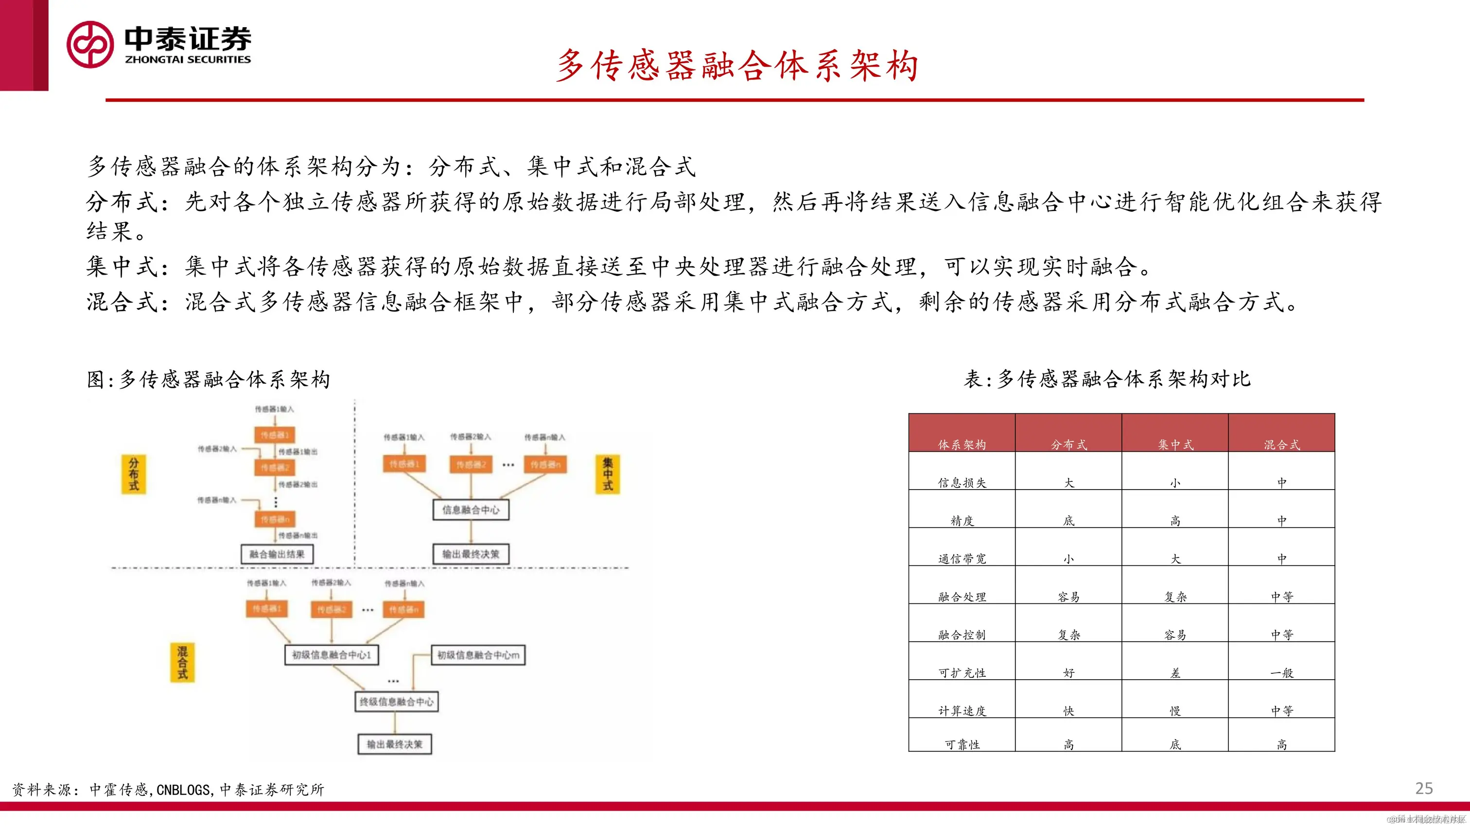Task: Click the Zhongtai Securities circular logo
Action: click(x=89, y=45)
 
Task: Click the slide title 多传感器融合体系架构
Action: click(x=736, y=66)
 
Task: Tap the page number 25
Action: click(x=1424, y=788)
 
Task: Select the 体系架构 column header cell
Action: click(x=962, y=444)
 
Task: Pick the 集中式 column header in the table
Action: click(x=1175, y=444)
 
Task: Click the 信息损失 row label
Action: click(x=962, y=482)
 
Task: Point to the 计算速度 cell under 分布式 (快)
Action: click(x=1068, y=711)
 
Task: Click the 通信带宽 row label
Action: click(x=962, y=558)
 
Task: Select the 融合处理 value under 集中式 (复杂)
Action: click(x=1175, y=597)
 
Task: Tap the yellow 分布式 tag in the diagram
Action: click(x=134, y=474)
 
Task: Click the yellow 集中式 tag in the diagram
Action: click(x=608, y=474)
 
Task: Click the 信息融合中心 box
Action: click(x=471, y=510)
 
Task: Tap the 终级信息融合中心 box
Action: click(x=397, y=702)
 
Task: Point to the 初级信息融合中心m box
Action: click(x=478, y=654)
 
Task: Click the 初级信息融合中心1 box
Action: click(x=332, y=654)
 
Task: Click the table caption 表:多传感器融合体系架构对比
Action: click(x=1107, y=379)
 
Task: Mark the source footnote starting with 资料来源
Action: click(x=168, y=790)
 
